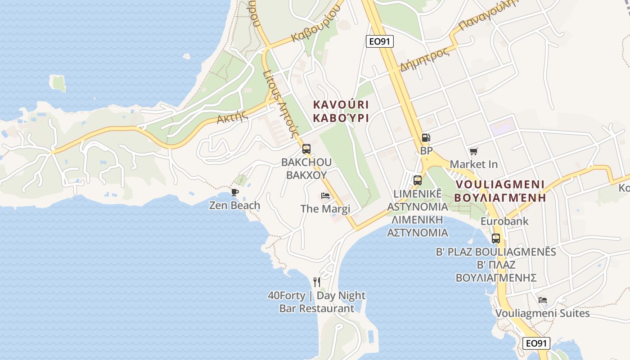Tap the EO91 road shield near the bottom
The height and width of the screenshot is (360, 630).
(537, 343)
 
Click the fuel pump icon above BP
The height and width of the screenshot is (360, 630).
(426, 138)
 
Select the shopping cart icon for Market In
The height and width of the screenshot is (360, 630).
(473, 151)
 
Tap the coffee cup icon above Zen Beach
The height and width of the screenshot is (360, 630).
(234, 193)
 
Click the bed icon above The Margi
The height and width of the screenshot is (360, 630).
(325, 196)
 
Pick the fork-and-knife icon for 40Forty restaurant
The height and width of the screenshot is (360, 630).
(317, 282)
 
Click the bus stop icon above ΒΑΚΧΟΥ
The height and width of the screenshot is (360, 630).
(306, 149)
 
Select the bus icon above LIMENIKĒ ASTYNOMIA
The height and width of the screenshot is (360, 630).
(418, 180)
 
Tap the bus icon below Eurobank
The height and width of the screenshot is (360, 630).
(496, 238)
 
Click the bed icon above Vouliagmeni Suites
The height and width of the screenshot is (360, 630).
(543, 300)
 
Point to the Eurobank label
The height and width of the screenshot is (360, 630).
(504, 221)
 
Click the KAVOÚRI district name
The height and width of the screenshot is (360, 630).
(341, 105)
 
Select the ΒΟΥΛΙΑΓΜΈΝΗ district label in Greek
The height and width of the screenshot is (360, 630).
(500, 198)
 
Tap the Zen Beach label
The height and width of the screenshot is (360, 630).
(234, 206)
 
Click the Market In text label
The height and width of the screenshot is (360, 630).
(474, 164)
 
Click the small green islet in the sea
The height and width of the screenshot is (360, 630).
(58, 83)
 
